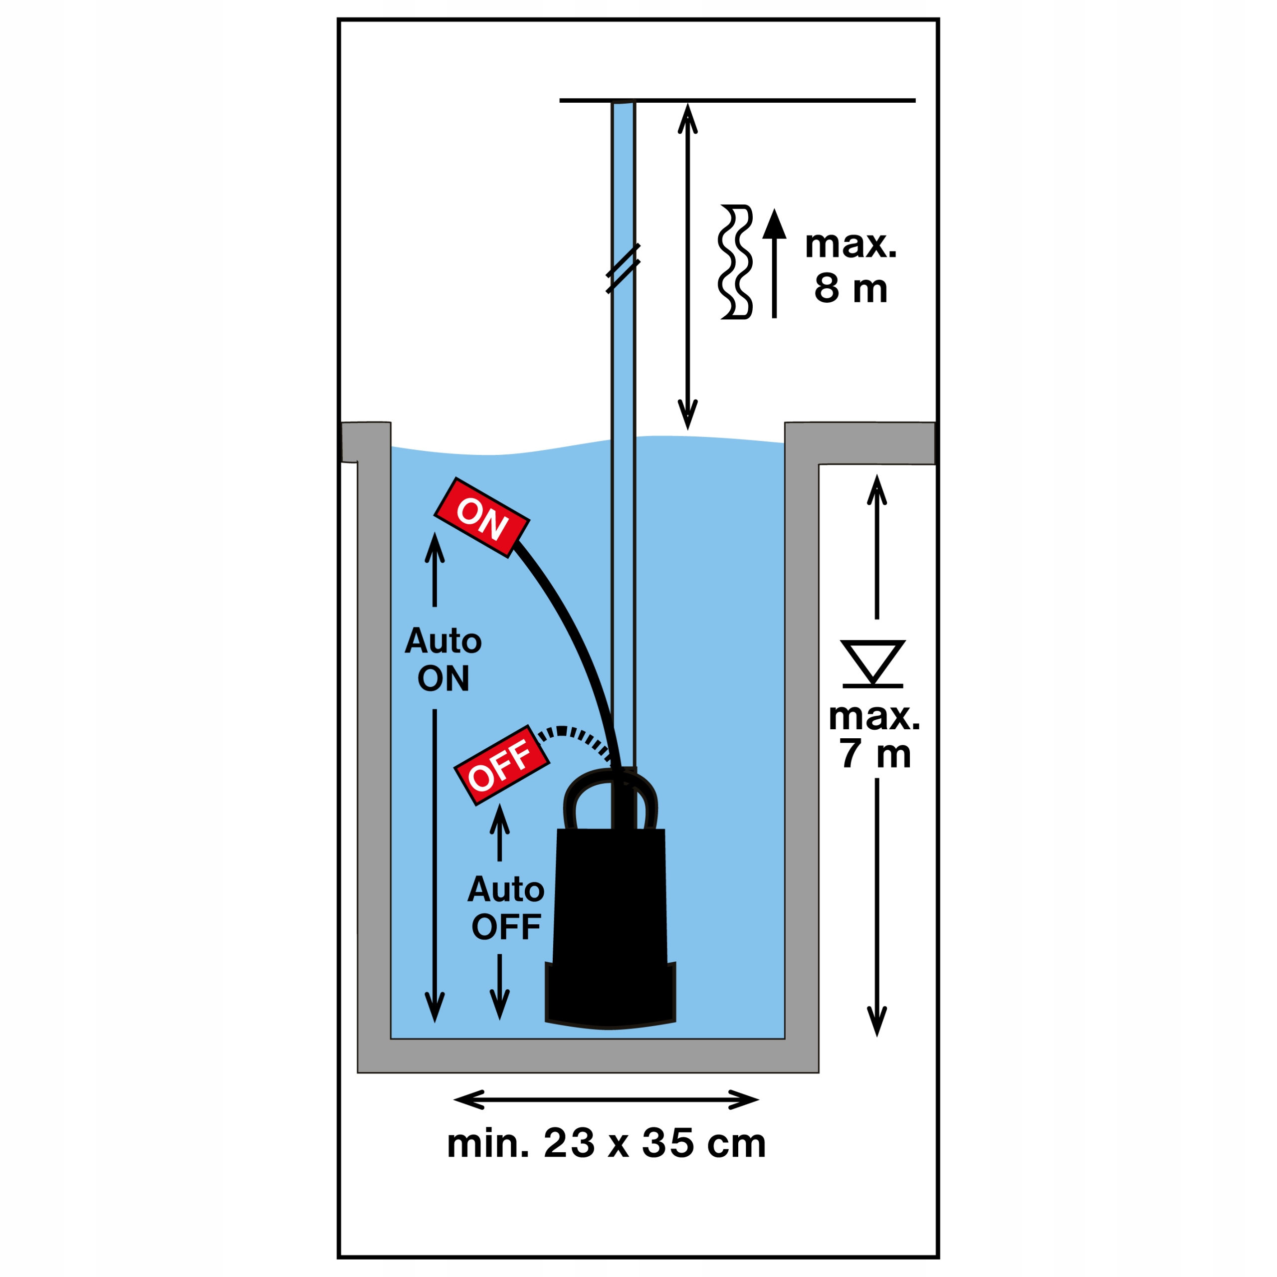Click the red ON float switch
481,518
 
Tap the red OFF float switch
501,765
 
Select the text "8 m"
850,289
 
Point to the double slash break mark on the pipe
623,268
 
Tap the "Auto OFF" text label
506,907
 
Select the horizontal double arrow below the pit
606,1100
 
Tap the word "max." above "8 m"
851,244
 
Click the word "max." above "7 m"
874,716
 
